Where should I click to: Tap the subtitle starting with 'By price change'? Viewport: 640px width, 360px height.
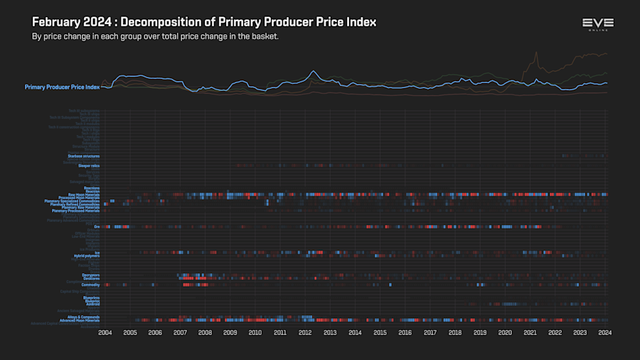coord(155,36)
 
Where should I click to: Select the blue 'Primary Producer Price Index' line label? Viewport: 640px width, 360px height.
coord(62,87)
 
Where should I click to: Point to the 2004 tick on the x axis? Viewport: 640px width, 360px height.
coord(105,332)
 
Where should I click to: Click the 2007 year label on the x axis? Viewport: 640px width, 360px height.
coord(180,332)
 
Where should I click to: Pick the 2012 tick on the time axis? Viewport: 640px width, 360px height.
coord(305,332)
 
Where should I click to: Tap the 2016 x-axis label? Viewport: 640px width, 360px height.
coord(405,332)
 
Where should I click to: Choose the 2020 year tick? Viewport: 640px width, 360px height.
coord(505,332)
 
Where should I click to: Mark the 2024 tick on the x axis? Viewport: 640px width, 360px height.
coord(605,332)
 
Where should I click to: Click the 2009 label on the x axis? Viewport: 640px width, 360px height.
coord(230,332)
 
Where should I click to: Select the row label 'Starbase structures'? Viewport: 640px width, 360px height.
coord(83,155)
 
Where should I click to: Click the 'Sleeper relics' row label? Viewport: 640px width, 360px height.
coord(88,166)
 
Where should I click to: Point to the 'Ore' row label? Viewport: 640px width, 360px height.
coord(97,227)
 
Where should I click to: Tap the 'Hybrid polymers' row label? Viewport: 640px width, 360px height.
coord(86,256)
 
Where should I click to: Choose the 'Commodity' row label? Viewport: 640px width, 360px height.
coord(90,285)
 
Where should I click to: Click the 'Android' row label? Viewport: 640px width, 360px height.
coord(92,305)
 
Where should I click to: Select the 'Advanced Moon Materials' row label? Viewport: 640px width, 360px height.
coord(80,321)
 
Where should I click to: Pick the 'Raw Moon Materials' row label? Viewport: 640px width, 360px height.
coord(83,194)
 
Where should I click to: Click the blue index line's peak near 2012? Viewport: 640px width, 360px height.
coord(313,71)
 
